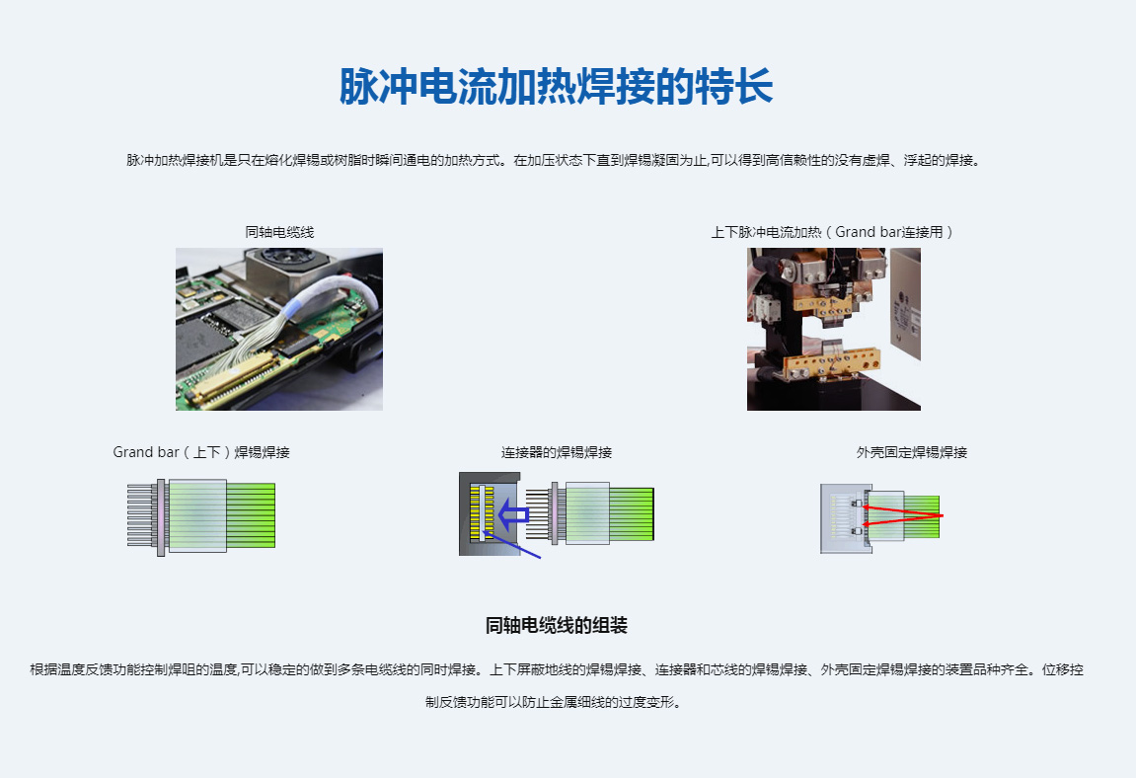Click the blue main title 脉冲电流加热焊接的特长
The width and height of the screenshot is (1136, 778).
(557, 87)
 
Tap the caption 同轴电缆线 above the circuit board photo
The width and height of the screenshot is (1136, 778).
(279, 232)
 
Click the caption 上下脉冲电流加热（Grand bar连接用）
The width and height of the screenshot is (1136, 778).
(832, 232)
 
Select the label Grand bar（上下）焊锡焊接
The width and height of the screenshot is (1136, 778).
(201, 452)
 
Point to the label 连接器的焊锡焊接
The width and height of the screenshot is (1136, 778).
(557, 452)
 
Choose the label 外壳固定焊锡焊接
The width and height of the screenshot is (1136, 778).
(911, 452)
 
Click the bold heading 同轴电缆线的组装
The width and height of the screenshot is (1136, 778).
(557, 625)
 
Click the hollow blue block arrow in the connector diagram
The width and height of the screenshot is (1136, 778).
(513, 515)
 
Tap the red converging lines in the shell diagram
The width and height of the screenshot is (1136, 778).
(903, 515)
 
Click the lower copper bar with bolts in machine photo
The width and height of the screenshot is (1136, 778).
(830, 362)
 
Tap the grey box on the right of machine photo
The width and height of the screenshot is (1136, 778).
(905, 303)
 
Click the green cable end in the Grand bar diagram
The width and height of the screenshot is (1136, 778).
(251, 515)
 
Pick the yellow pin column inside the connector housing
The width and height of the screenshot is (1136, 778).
(476, 513)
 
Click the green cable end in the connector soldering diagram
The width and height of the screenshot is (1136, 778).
(632, 514)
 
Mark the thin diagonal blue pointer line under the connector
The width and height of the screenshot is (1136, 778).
(512, 546)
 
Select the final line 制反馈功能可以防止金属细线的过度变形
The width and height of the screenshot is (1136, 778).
(553, 702)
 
